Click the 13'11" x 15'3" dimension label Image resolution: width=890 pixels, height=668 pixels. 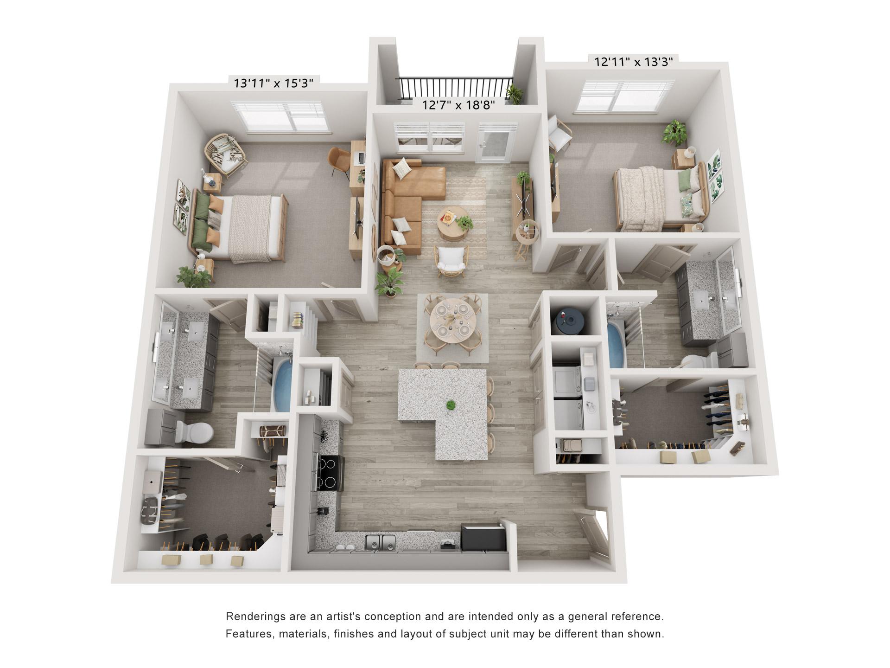pos(273,83)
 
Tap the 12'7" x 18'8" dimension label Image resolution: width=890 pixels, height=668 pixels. pos(458,105)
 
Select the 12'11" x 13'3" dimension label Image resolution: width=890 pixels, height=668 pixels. pos(634,62)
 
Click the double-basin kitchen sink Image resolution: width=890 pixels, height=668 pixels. pos(380,543)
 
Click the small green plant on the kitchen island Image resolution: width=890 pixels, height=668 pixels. pos(450,405)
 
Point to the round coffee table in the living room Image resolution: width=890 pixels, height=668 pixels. pos(452,223)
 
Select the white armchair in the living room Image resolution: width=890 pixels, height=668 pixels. pos(451,261)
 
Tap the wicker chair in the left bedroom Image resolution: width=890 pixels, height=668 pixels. pos(226,155)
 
